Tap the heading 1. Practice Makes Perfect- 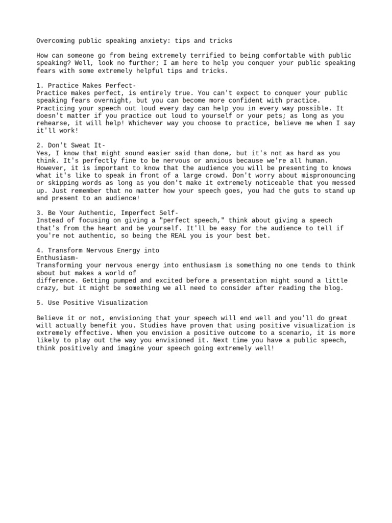86,85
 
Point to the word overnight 105,101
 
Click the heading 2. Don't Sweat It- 71,146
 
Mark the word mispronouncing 329,175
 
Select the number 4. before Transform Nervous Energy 40,250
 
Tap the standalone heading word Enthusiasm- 57,258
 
